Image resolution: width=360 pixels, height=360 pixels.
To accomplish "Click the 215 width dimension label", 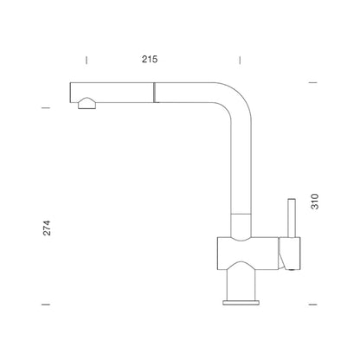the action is pos(150,59).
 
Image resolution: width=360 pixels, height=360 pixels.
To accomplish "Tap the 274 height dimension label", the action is pos(47,228).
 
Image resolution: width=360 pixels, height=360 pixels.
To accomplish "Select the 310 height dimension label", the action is pos(315,202).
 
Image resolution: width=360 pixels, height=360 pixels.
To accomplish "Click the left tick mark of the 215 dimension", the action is pos(87,61).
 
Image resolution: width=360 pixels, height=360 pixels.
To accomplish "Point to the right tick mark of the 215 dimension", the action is pos(240,61).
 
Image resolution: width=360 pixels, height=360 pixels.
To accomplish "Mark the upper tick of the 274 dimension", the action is pos(46,108).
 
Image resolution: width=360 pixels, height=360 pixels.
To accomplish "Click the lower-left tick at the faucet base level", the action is pos(46,305).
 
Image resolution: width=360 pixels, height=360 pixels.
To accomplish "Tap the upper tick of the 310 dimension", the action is pos(313,83).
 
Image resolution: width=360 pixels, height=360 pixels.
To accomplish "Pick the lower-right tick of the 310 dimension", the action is pos(313,305).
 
